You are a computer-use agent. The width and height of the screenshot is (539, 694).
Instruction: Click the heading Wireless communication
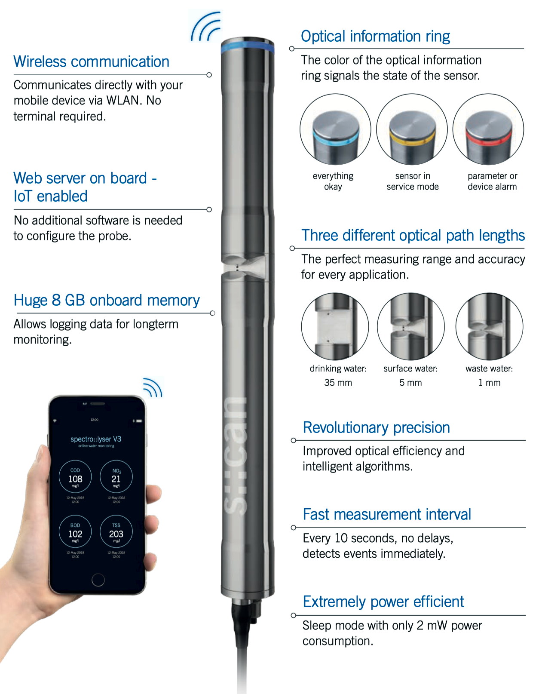(91, 62)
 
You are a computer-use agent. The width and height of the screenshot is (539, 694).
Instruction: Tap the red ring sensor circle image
(488, 129)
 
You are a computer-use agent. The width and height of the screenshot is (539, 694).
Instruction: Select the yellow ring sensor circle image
(412, 129)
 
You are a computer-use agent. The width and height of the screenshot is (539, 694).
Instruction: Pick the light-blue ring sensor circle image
(335, 129)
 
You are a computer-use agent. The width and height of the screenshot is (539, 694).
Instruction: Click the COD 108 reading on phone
(75, 477)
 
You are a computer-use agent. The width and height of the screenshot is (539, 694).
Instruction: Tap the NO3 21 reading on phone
(116, 477)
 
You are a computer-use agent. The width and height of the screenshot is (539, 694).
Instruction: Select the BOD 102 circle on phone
(75, 532)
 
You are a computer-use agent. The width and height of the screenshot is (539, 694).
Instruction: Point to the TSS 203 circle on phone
(116, 532)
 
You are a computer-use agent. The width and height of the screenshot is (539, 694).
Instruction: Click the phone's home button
(98, 580)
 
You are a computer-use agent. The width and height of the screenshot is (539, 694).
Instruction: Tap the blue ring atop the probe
(248, 46)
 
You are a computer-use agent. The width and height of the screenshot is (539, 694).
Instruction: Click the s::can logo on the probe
(236, 456)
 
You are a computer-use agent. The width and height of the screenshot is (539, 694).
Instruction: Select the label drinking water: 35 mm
(338, 375)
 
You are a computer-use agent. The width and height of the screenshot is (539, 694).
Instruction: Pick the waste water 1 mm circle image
(489, 326)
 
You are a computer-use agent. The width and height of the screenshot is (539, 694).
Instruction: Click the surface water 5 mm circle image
(411, 326)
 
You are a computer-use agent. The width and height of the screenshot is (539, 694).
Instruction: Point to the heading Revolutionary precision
(376, 428)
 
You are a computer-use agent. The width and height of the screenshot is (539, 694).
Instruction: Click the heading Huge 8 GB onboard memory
(107, 300)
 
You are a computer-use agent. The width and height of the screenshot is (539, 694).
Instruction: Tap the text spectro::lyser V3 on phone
(96, 439)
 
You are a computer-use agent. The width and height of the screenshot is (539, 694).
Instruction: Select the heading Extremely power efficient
(383, 602)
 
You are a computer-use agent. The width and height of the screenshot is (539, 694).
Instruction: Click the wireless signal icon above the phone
(153, 387)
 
